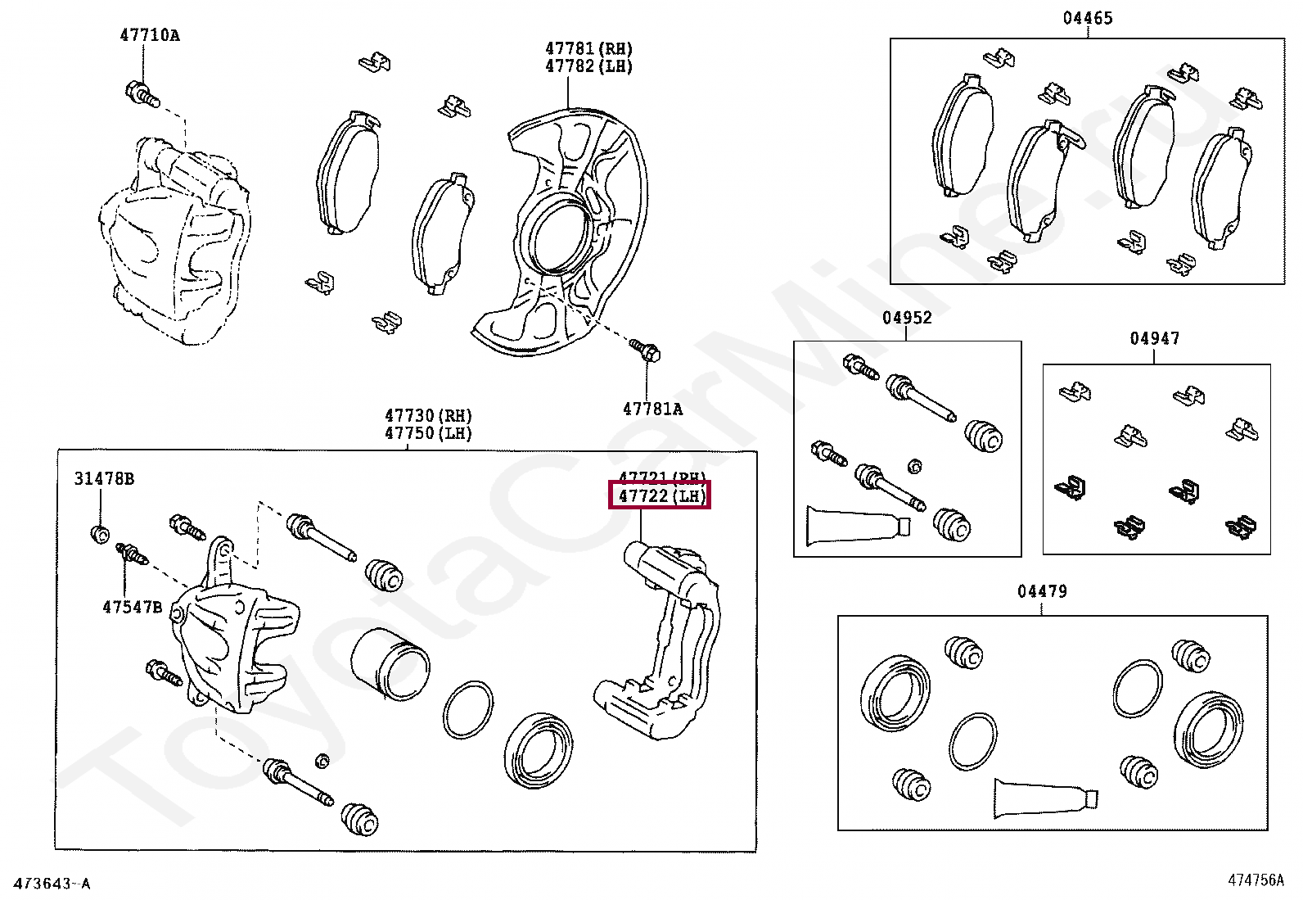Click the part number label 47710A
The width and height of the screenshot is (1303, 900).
(150, 35)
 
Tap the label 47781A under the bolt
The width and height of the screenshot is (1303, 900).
(652, 409)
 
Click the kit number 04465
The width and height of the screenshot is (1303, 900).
(1087, 18)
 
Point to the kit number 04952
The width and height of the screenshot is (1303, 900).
(907, 318)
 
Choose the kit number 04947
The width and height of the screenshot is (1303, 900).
(1154, 338)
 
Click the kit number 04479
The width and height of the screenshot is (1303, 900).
(1042, 591)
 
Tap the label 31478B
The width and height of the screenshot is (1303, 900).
(104, 479)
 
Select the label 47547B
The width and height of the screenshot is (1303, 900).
(132, 607)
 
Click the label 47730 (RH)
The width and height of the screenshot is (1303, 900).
(429, 416)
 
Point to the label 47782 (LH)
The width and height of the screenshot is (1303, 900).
(589, 66)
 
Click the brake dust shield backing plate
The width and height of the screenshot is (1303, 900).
(565, 237)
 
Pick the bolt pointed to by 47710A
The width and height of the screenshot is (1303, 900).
(141, 94)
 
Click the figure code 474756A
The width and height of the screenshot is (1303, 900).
(1256, 880)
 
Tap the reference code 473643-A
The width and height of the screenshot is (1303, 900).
(52, 884)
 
